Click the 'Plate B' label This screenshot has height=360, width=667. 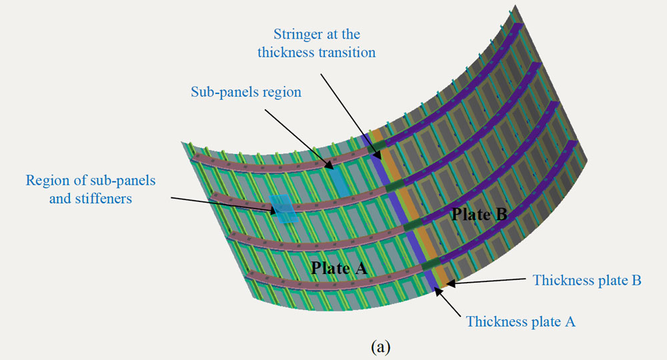pos(480,215)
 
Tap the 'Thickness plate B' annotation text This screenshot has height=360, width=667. pos(587,281)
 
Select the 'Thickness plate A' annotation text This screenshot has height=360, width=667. pos(521,321)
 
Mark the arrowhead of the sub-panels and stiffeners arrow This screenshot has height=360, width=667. pos(277,211)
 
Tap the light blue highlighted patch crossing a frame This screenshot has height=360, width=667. pos(283,208)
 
